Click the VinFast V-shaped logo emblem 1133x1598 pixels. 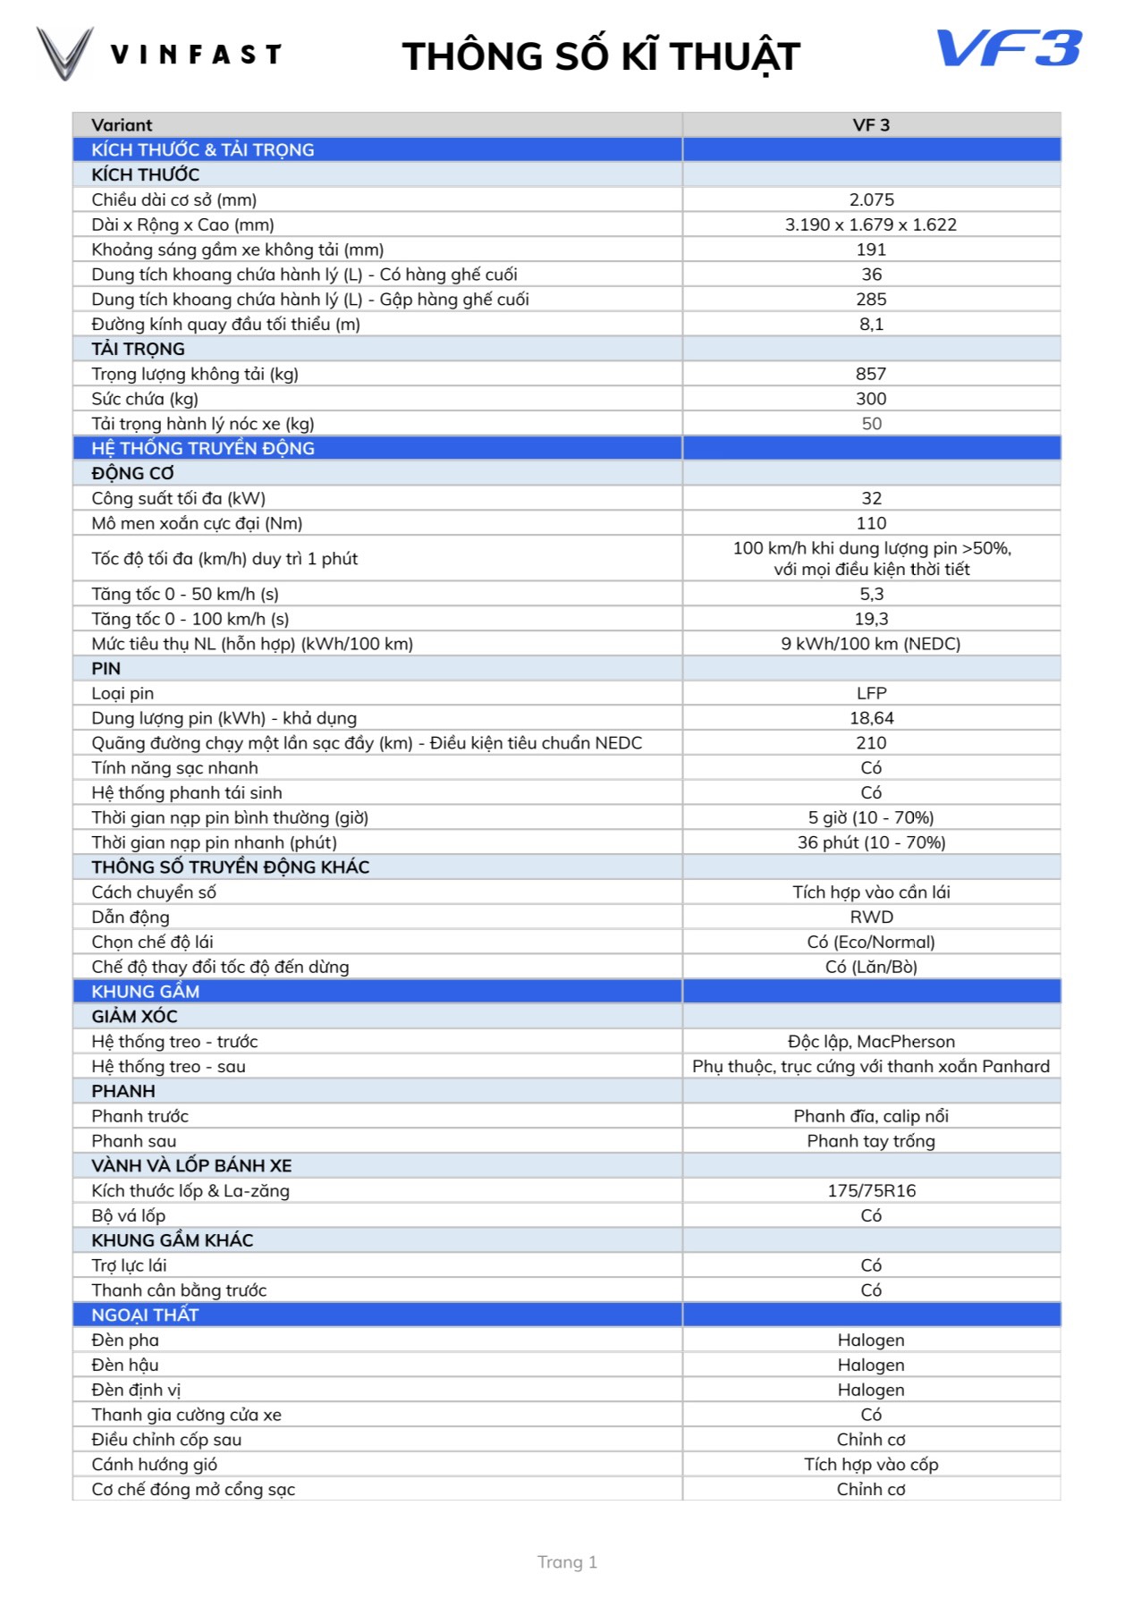point(64,53)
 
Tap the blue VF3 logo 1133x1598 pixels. point(1009,49)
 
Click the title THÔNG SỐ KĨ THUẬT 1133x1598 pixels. point(600,56)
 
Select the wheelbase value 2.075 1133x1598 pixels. point(871,199)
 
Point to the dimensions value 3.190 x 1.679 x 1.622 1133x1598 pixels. point(871,224)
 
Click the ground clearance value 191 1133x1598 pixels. point(871,249)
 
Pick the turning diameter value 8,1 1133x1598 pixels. point(871,324)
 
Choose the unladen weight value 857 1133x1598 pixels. point(871,374)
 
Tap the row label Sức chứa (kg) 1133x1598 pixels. point(145,399)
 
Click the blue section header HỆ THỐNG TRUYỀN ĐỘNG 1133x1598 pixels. point(203,448)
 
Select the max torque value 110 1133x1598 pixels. point(871,523)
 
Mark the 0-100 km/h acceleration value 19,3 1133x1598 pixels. point(871,619)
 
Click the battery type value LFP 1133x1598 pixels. point(871,693)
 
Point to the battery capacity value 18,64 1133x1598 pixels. point(871,718)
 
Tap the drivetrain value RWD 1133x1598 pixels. point(871,917)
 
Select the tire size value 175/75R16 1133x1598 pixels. point(871,1190)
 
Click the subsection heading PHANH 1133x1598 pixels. point(123,1091)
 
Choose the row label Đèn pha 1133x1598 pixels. point(125,1340)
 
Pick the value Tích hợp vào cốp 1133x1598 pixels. point(871,1464)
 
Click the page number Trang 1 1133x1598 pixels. point(567,1562)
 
